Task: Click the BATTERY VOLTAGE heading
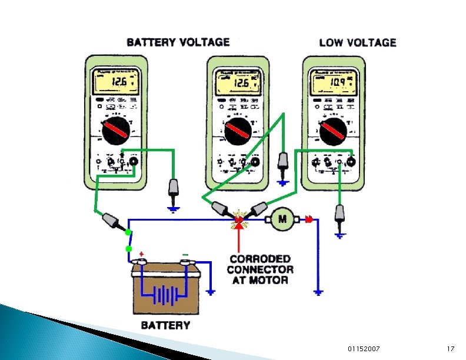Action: [x=178, y=42]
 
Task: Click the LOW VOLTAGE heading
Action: [x=357, y=42]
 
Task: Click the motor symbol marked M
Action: [x=282, y=220]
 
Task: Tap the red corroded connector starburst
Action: [x=238, y=219]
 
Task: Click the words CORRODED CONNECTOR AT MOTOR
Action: [x=259, y=269]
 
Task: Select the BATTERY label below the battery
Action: [x=165, y=325]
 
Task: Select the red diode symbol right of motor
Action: [x=308, y=219]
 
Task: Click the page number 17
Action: [x=450, y=349]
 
